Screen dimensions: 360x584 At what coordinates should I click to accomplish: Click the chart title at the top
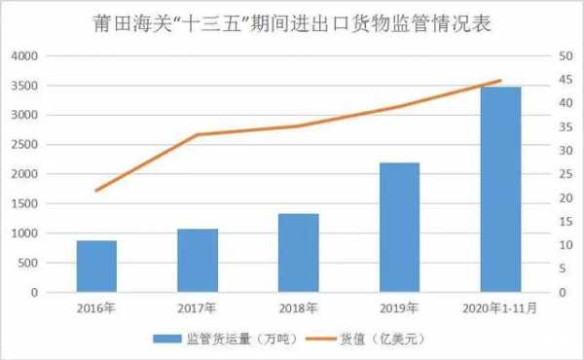pos(292,22)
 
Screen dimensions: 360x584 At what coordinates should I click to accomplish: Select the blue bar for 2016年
pos(96,266)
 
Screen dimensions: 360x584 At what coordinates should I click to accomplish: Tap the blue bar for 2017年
pos(198,260)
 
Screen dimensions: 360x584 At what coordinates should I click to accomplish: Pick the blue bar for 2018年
pos(298,252)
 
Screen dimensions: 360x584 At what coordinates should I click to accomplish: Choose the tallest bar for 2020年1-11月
pos(500,189)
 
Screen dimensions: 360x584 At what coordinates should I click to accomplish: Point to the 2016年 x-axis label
pos(96,309)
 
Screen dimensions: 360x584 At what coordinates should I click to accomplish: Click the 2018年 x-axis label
pos(298,309)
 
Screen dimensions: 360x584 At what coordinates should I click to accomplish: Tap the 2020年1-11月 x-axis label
pos(500,309)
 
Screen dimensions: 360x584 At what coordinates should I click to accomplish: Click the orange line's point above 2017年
pos(198,134)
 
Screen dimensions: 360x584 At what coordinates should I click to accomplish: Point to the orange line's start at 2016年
pos(96,190)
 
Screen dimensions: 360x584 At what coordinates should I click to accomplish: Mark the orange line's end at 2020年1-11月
pos(500,81)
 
